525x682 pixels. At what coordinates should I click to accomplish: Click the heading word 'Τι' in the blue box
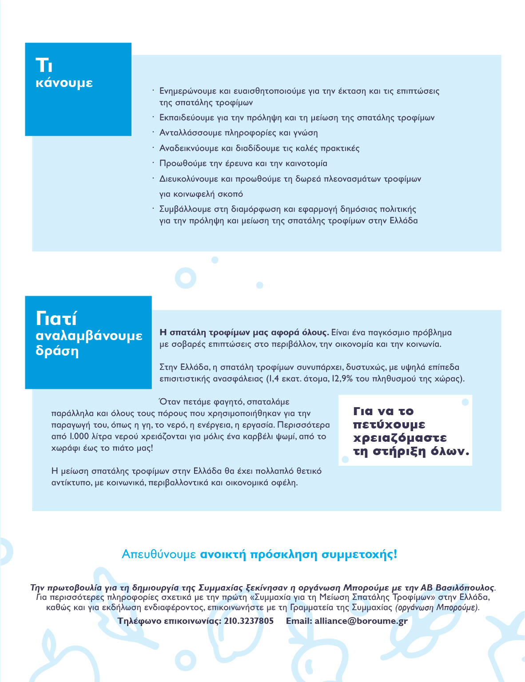(x=44, y=65)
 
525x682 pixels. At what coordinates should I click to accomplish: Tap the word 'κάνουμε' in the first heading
(x=64, y=83)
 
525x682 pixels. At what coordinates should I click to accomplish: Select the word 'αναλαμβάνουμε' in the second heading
(x=89, y=336)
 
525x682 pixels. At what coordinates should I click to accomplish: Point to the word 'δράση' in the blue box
(x=57, y=351)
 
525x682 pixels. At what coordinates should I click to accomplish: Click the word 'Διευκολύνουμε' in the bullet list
(x=189, y=179)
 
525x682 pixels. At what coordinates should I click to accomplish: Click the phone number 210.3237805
(x=249, y=621)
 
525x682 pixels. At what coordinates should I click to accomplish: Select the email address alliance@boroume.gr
(x=361, y=621)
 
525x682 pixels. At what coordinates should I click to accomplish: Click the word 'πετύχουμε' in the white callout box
(x=389, y=425)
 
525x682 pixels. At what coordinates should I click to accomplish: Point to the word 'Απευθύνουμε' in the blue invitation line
(x=159, y=555)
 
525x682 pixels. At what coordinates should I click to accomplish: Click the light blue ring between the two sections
(x=186, y=278)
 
